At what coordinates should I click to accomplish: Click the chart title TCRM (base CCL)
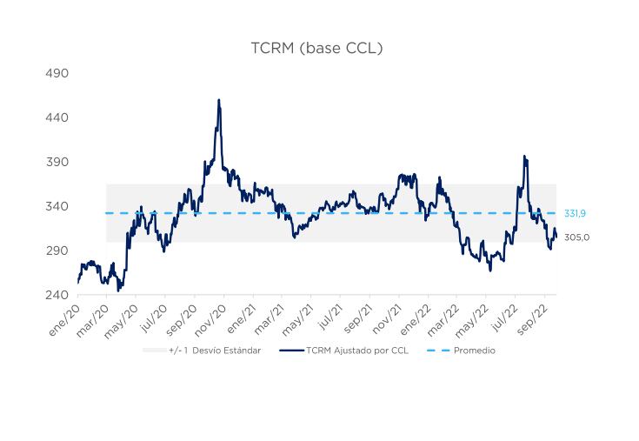(x=316, y=48)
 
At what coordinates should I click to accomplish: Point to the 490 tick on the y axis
(x=57, y=73)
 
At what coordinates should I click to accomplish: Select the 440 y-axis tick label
(x=57, y=117)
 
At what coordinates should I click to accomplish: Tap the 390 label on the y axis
(x=57, y=162)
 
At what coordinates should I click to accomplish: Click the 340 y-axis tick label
(x=57, y=206)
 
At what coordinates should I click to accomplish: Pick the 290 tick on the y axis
(x=57, y=251)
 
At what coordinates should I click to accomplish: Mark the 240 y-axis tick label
(x=57, y=295)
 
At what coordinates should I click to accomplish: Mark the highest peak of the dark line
(x=218, y=100)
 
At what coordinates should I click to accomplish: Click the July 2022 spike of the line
(x=524, y=157)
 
